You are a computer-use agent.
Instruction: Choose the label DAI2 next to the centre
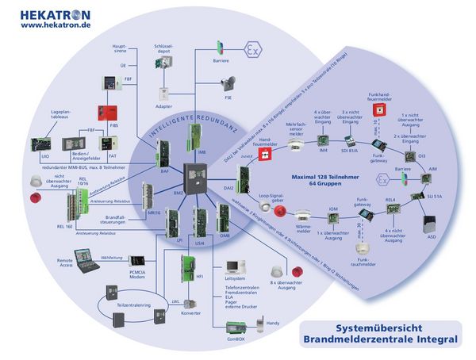[229, 189]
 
